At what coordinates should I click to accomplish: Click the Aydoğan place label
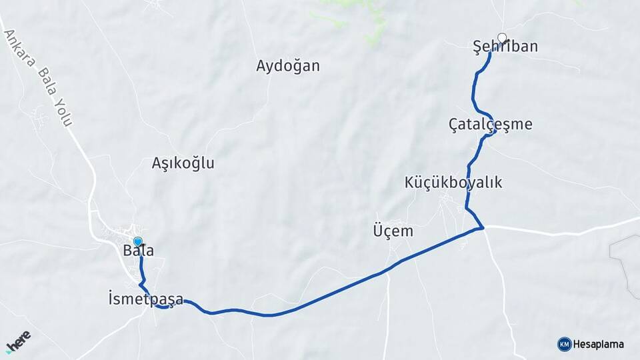point(288,66)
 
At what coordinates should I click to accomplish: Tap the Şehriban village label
point(505,47)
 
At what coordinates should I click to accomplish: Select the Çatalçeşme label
point(491,124)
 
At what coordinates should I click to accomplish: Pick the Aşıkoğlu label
point(183,163)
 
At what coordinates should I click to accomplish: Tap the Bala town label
point(139,251)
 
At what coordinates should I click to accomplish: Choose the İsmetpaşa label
point(145,298)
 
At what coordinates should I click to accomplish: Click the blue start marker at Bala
point(138,241)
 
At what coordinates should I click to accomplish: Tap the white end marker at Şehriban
point(502,38)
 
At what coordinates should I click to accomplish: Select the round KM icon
point(564,344)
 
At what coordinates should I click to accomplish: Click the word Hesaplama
point(599,345)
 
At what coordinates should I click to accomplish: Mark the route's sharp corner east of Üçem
point(482,229)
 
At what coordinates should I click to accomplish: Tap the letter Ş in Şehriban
point(477,47)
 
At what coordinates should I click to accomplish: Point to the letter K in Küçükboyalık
point(409,183)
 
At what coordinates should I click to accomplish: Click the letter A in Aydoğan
point(261,66)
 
